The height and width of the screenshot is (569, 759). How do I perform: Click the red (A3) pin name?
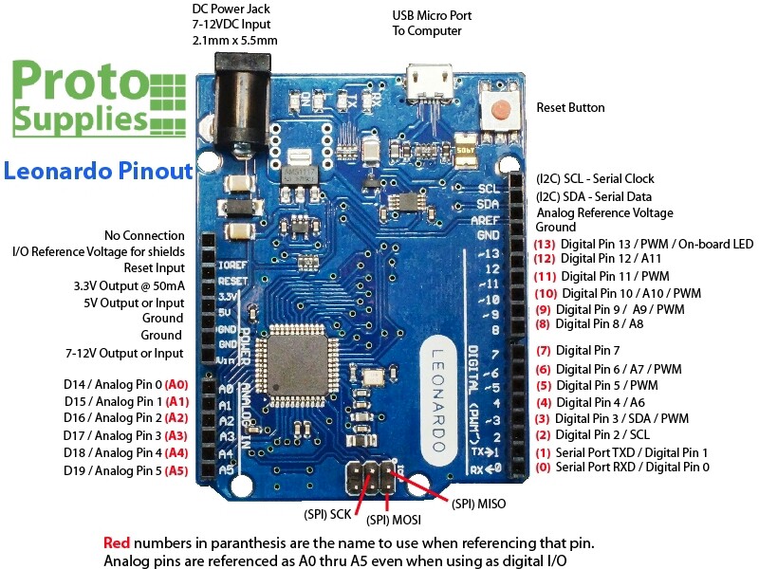(x=176, y=435)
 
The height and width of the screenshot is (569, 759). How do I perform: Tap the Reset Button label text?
(x=570, y=108)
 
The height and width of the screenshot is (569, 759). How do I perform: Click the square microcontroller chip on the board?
(x=301, y=360)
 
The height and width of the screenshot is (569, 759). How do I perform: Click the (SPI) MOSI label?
(x=394, y=520)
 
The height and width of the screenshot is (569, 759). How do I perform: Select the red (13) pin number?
(x=545, y=244)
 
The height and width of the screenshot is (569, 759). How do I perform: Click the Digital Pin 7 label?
(x=587, y=351)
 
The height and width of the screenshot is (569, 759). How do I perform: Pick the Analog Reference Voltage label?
(x=604, y=212)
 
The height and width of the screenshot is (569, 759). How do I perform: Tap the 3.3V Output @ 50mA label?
(x=129, y=285)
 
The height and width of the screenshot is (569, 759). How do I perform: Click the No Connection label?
(x=144, y=235)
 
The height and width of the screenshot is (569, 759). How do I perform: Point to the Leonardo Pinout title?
(x=98, y=172)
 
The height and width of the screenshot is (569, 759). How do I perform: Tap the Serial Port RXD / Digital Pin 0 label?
(x=631, y=468)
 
